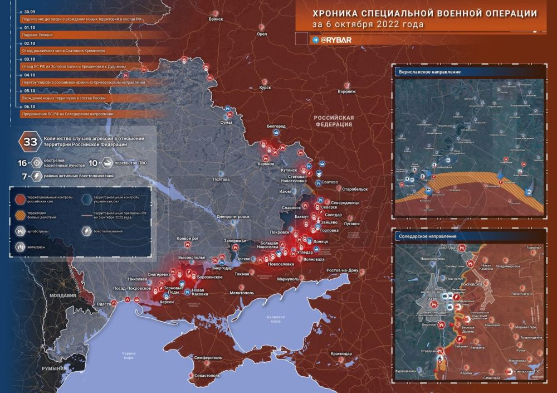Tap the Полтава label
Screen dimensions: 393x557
click(221, 179)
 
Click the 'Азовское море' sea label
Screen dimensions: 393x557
click(272, 320)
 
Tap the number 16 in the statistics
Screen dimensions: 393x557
click(22, 163)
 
